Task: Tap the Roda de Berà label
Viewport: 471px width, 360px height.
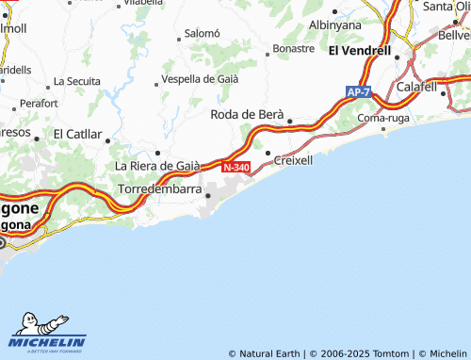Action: point(246,114)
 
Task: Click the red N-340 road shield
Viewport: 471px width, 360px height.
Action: point(236,167)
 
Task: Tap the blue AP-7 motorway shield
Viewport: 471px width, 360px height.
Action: point(358,92)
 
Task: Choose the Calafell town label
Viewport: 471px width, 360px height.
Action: point(417,87)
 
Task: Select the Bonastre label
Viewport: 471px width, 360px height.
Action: point(292,47)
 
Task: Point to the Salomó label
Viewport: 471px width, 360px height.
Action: point(202,33)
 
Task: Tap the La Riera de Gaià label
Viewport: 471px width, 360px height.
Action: point(157,166)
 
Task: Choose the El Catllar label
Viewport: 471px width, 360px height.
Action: point(77,134)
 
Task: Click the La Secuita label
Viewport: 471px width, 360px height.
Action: point(77,81)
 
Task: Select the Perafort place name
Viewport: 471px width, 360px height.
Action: point(39,102)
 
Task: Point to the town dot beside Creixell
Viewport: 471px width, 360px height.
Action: point(268,153)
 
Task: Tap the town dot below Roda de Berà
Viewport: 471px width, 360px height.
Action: point(289,121)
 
